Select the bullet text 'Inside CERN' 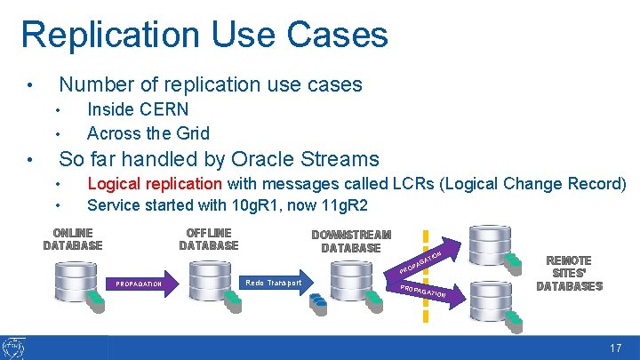coord(138,109)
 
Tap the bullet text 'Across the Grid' coord(148,133)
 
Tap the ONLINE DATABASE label coord(73,239)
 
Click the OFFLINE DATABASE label coord(209,239)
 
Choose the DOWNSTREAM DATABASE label coord(351,241)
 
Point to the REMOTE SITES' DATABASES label coord(570,274)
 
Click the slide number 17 coord(615,348)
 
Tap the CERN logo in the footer coord(14,348)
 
